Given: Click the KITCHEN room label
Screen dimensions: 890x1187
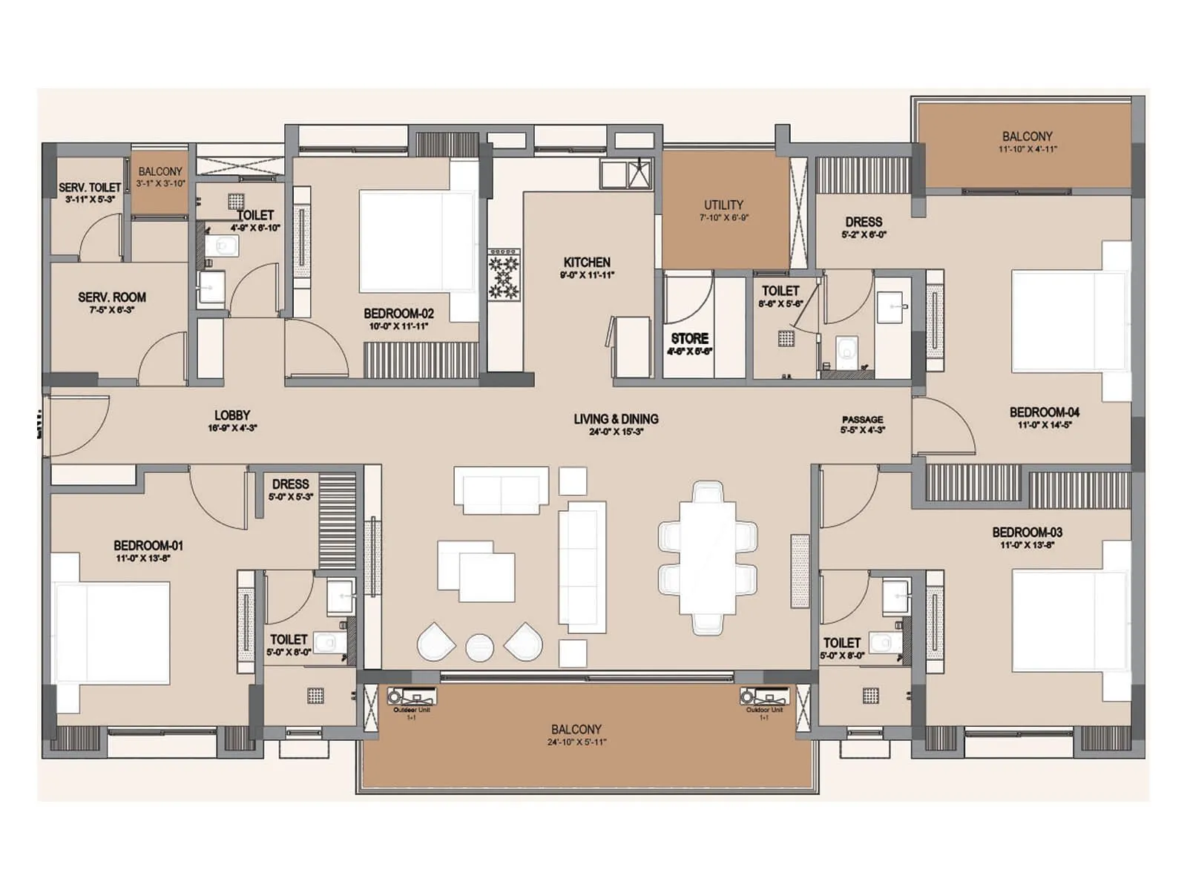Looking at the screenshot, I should pyautogui.click(x=587, y=263).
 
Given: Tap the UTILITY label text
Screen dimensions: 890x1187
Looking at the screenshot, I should pyautogui.click(x=723, y=205).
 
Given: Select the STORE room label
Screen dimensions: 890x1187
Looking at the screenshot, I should pyautogui.click(x=689, y=338).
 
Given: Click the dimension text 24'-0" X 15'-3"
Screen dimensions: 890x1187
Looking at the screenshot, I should pyautogui.click(x=616, y=432).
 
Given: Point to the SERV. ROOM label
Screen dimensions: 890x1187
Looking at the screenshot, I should pyautogui.click(x=112, y=297).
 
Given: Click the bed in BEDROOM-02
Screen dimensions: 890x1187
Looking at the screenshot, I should pyautogui.click(x=416, y=241).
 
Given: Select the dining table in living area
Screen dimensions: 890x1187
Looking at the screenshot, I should pyautogui.click(x=708, y=558).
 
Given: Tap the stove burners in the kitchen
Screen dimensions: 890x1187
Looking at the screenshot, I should pyautogui.click(x=504, y=274).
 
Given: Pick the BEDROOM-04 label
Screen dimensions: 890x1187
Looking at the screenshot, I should pyautogui.click(x=1044, y=412).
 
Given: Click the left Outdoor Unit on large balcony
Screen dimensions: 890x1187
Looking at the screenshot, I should pyautogui.click(x=412, y=698).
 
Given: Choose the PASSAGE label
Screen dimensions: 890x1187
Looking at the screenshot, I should pyautogui.click(x=862, y=420).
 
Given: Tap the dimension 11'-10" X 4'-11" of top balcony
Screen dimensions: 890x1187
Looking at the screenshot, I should pyautogui.click(x=1027, y=149).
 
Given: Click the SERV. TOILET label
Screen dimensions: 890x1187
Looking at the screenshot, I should pyautogui.click(x=90, y=188).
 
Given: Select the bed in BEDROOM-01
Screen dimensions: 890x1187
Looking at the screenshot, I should pyautogui.click(x=111, y=632).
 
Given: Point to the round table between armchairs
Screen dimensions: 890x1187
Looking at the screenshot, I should pyautogui.click(x=479, y=647).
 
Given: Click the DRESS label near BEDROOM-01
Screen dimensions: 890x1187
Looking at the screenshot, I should pyautogui.click(x=290, y=484).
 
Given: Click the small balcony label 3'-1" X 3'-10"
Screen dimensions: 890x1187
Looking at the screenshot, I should pyautogui.click(x=160, y=183).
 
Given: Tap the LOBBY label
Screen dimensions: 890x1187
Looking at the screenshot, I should pyautogui.click(x=232, y=415).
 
